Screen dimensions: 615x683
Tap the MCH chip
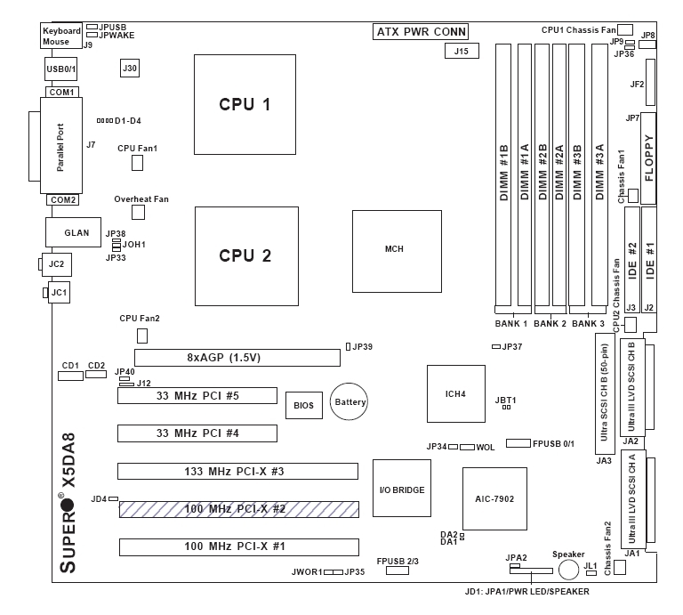(396, 249)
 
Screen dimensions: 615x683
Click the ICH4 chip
(454, 392)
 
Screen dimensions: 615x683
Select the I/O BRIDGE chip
(401, 489)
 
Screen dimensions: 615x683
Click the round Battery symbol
(350, 403)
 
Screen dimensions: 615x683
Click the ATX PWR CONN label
(421, 33)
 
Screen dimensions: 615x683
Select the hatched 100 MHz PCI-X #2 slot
(238, 509)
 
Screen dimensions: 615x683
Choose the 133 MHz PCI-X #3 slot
(237, 471)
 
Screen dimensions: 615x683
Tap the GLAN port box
(76, 233)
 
